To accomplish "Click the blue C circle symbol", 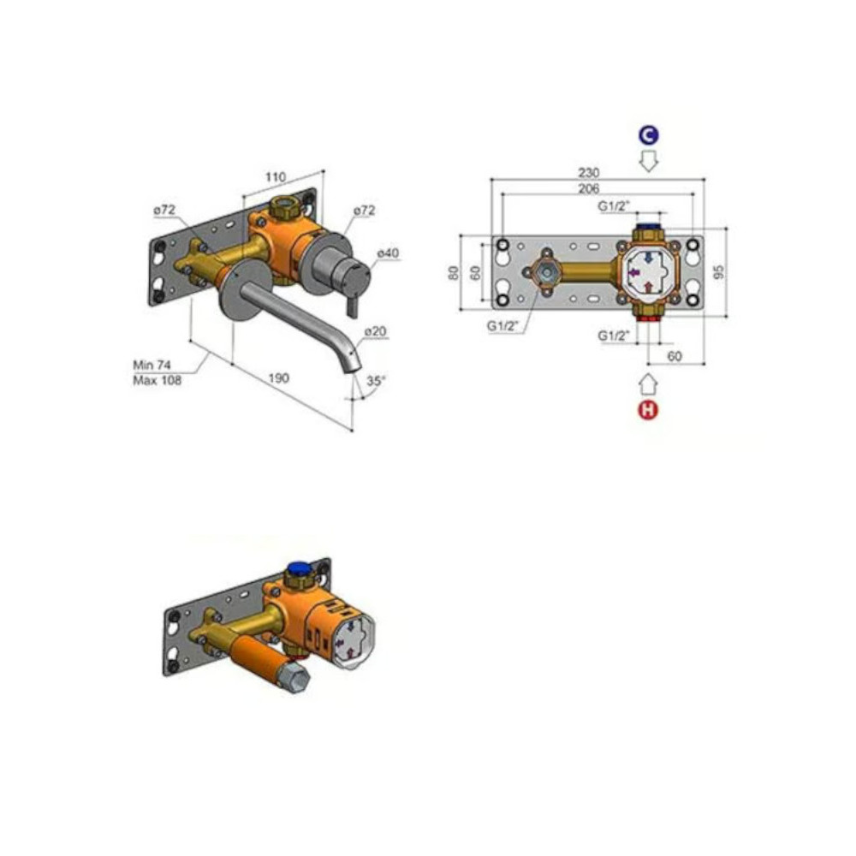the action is tap(649, 135).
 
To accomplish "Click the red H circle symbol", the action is tap(648, 409).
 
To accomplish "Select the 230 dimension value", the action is tap(589, 173).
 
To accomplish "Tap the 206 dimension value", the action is tap(589, 188).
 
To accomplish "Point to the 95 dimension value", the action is tap(720, 271).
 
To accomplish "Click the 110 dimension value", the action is tap(276, 177).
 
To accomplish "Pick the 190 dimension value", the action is tap(278, 377).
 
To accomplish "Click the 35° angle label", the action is tap(376, 381).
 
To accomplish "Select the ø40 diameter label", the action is tap(388, 253).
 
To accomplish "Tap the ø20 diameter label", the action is tap(376, 330).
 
